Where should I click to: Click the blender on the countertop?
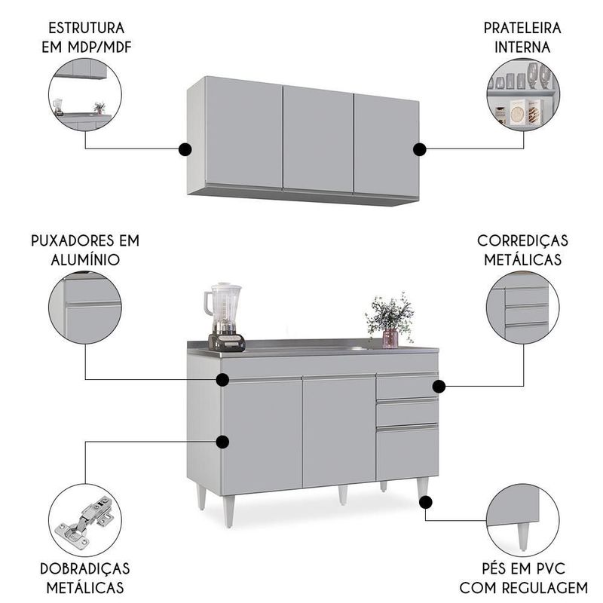coord(224,317)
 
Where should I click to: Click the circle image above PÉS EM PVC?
coord(522,520)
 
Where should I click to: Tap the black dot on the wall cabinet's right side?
coord(420,148)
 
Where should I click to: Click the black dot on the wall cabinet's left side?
coord(185,148)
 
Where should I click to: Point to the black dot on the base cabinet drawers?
coord(439,386)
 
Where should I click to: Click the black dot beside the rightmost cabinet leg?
coord(424,501)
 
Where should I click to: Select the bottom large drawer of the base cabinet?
coord(407,452)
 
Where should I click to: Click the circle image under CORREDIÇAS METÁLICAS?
coord(522,308)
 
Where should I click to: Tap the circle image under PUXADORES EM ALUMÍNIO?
coord(85,308)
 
